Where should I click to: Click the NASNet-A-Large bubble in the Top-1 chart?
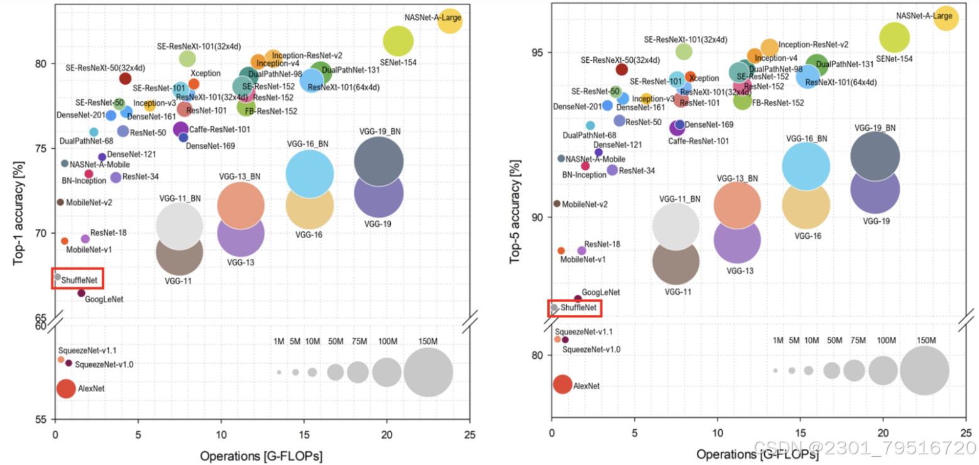pos(450,21)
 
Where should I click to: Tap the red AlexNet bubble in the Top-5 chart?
pos(562,384)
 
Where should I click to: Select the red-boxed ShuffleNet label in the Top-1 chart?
pos(78,278)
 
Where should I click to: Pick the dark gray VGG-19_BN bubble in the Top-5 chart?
pos(874,155)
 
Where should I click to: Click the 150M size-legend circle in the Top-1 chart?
pos(428,372)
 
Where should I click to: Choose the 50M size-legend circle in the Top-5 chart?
pos(832,371)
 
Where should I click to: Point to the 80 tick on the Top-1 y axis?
pos(41,64)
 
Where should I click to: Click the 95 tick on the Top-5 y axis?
pos(538,52)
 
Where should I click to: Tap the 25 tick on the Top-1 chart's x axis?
pos(470,434)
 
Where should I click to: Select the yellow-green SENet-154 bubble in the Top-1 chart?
pos(398,41)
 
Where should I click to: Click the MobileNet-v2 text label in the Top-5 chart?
pos(585,204)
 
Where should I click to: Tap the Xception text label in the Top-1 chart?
pos(205,74)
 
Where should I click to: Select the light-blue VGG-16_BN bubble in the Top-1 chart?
pos(310,173)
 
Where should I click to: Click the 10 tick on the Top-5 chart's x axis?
pos(717,434)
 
